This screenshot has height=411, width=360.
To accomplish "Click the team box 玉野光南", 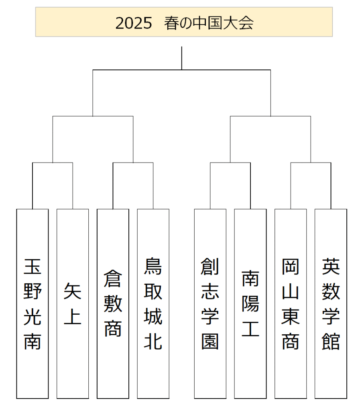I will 33,303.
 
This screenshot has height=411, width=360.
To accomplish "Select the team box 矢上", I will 73,303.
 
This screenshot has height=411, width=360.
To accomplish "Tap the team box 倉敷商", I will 113,303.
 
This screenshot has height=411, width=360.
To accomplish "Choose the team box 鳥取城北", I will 153,303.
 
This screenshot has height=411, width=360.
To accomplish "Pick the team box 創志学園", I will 210,303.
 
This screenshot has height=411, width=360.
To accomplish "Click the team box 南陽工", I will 250,303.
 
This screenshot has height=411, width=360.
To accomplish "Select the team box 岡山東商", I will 291,303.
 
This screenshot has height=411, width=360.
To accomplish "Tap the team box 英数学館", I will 331,303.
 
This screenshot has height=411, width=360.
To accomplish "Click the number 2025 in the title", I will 134,23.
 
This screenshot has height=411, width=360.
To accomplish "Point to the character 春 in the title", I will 172,23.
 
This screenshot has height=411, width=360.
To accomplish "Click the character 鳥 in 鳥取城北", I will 153,267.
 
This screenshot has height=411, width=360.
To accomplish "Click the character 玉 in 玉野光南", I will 33,267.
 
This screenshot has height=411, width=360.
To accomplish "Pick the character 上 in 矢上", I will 73,316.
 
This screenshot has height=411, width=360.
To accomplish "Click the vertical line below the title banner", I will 182,58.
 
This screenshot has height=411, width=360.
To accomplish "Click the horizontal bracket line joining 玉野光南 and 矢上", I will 53,163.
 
